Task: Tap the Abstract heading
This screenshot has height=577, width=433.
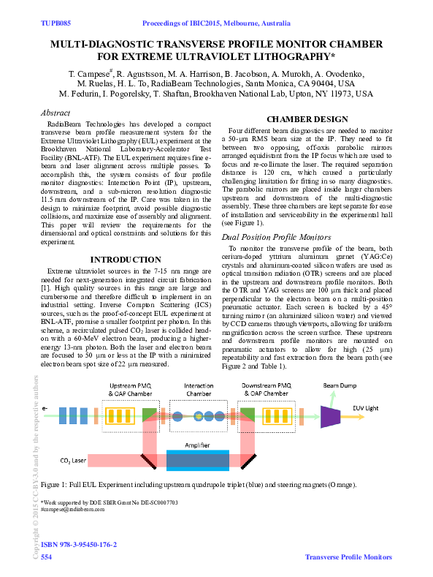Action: pyautogui.click(x=55, y=113)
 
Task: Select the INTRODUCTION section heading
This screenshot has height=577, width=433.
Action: pyautogui.click(x=125, y=260)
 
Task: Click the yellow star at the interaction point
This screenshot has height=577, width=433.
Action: pyautogui.click(x=199, y=417)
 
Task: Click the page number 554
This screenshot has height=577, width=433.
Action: pyautogui.click(x=46, y=557)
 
